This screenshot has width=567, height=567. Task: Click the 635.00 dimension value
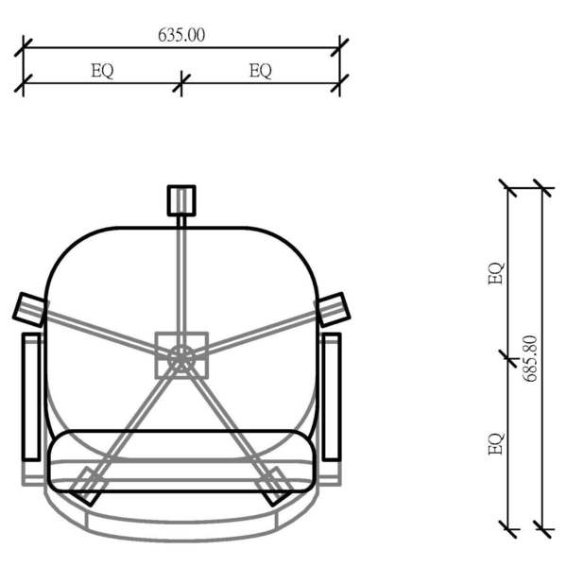pyautogui.click(x=181, y=35)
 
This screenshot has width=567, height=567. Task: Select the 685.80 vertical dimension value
pyautogui.click(x=530, y=359)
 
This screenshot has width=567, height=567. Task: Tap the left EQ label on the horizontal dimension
pyautogui.click(x=102, y=71)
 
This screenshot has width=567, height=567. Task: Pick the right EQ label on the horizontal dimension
pyautogui.click(x=261, y=71)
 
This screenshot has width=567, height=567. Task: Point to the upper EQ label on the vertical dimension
pyautogui.click(x=495, y=273)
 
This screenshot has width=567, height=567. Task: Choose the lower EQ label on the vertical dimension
pyautogui.click(x=495, y=443)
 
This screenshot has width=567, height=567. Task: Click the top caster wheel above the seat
pyautogui.click(x=181, y=200)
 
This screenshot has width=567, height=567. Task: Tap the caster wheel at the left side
pyautogui.click(x=29, y=309)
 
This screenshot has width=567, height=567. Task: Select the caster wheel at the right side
pyautogui.click(x=334, y=309)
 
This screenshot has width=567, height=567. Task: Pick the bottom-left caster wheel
pyautogui.click(x=87, y=487)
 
